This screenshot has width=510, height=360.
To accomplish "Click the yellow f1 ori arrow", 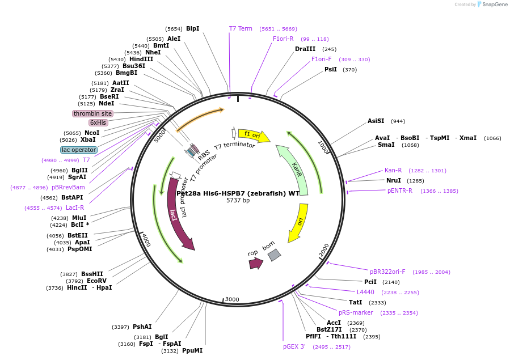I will coord(253,135).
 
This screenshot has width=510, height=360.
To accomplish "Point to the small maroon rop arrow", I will coord(255,263).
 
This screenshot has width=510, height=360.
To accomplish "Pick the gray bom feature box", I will coord(274,255).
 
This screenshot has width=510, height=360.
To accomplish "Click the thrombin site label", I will coord(92,113).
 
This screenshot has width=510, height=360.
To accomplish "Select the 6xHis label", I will coord(98,122).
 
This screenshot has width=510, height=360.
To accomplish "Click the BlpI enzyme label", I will coord(192,29).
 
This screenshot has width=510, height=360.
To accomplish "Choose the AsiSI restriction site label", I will coord(376,121).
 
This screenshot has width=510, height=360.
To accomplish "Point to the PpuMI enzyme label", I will coord(192,351).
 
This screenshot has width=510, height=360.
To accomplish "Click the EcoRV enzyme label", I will coord(97,281).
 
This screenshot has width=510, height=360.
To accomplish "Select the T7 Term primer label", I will coord(241,29).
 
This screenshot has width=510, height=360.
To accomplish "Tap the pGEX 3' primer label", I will coord(294,346).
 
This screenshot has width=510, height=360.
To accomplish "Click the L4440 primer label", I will coord(365,292).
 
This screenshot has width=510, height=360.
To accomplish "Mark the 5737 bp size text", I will coord(238,201).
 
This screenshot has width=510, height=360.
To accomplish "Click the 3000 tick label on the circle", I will coord(232,299).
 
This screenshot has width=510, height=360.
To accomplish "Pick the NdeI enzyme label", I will coord(106,104).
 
